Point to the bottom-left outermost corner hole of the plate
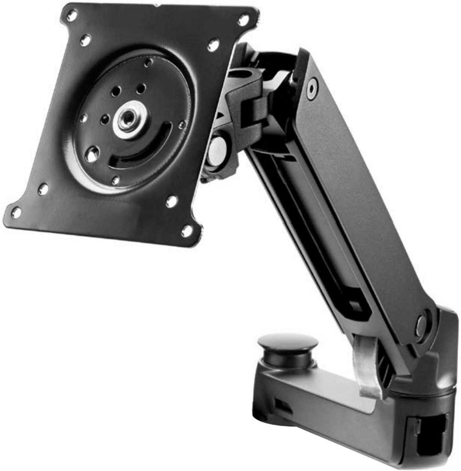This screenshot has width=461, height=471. (x=16, y=213)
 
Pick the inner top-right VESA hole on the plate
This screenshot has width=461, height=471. (x=213, y=45)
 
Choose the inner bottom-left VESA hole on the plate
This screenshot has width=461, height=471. (x=43, y=190)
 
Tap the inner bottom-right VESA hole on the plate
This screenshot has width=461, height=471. (x=171, y=201)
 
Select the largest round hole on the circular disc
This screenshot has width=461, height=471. (x=92, y=154)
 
